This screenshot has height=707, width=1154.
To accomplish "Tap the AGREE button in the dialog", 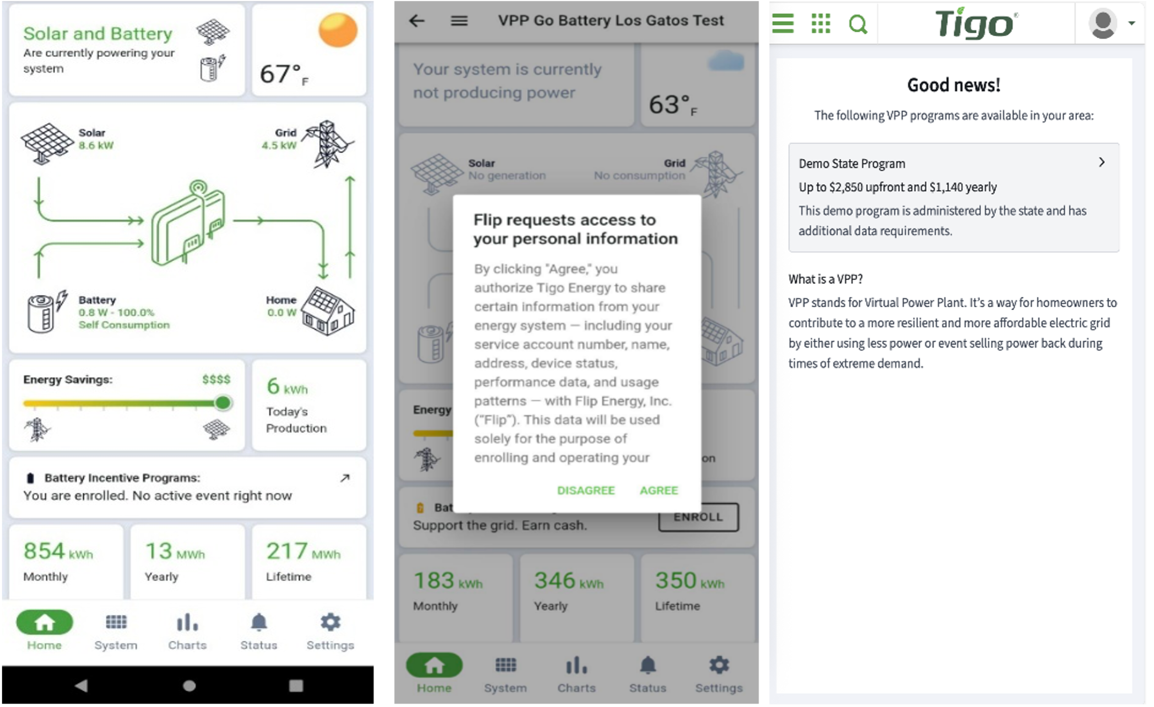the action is pos(659,490).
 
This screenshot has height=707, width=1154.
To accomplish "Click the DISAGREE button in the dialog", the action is pos(586,490).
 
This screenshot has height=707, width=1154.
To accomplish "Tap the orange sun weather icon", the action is pos(338,30).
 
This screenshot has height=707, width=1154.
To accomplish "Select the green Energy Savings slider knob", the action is pos(223,403).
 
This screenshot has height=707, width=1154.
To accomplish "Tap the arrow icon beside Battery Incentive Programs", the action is pos(344,478).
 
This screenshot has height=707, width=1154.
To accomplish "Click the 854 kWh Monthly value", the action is pos(58,551).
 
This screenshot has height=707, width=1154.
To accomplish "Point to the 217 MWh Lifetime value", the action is pos(303,551).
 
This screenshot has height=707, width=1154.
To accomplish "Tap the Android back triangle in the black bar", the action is pos(81,685).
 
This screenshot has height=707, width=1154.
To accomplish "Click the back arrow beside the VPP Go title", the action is pos(416,20).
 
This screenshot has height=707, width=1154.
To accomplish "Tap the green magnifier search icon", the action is pos(858,24).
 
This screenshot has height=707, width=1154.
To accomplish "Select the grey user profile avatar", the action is pos(1102,23).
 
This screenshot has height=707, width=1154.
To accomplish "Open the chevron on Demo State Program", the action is pos(1101,162).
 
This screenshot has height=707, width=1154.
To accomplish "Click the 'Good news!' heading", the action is pos(953,85).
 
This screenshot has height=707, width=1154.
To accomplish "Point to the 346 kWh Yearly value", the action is pos(569,581).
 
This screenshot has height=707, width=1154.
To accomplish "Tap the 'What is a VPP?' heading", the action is pos(825,279).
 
